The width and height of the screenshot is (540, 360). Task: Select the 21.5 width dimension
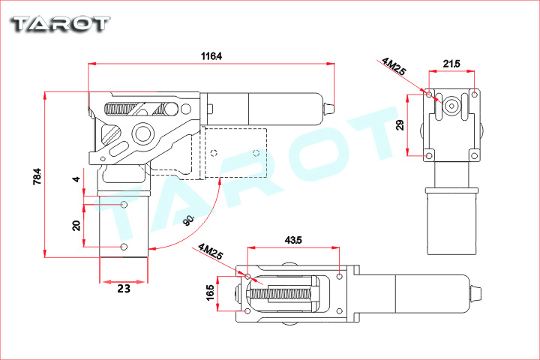[x=451, y=64]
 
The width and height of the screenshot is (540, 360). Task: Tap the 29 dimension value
[x=400, y=124]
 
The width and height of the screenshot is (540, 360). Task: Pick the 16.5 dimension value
[x=210, y=292]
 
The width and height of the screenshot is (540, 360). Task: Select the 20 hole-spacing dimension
[x=76, y=226]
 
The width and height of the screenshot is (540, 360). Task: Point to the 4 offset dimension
[x=76, y=179]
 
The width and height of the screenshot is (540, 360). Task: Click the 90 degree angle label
[x=188, y=220]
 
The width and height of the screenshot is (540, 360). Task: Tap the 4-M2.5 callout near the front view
[x=393, y=66]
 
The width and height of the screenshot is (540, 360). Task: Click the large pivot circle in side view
[x=142, y=135]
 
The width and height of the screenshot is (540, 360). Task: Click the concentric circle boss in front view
[x=451, y=106]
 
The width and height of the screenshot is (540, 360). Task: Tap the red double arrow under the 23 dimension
[x=124, y=283]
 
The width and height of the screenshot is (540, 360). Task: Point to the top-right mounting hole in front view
[x=474, y=94]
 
